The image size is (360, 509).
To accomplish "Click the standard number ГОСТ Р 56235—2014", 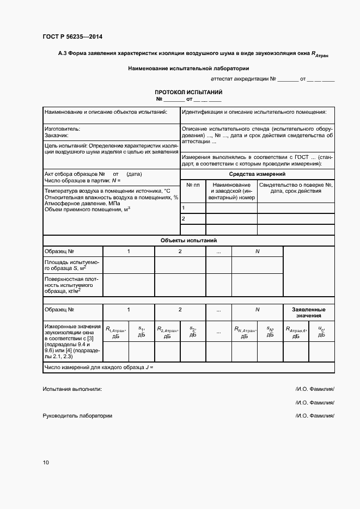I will coord(72,37).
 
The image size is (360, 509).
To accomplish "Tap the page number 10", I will coord(46,463).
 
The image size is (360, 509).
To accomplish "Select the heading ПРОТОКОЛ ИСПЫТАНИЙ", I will coord(188,93).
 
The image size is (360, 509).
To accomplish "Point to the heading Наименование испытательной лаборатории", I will coord(188,69).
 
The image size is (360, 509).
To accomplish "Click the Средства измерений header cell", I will coord(258,174).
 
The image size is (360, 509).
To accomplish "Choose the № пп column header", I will coord(193,185).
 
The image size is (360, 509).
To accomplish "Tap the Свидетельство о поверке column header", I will coord(296,188).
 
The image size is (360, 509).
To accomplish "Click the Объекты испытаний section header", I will coord(188,240).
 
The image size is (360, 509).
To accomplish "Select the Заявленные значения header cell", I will coord(309,312).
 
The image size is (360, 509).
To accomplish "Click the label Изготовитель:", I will coord(62,129).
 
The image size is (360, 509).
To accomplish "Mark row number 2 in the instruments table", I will coord(184,219).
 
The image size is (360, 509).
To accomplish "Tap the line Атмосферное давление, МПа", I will coord(82,203).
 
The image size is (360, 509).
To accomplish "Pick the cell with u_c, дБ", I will coord(321,332).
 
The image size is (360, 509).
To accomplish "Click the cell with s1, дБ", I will coord(141,332).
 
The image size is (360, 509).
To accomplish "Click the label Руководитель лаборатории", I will coord(77,416).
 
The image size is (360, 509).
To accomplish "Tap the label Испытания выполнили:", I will coord(72,389).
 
